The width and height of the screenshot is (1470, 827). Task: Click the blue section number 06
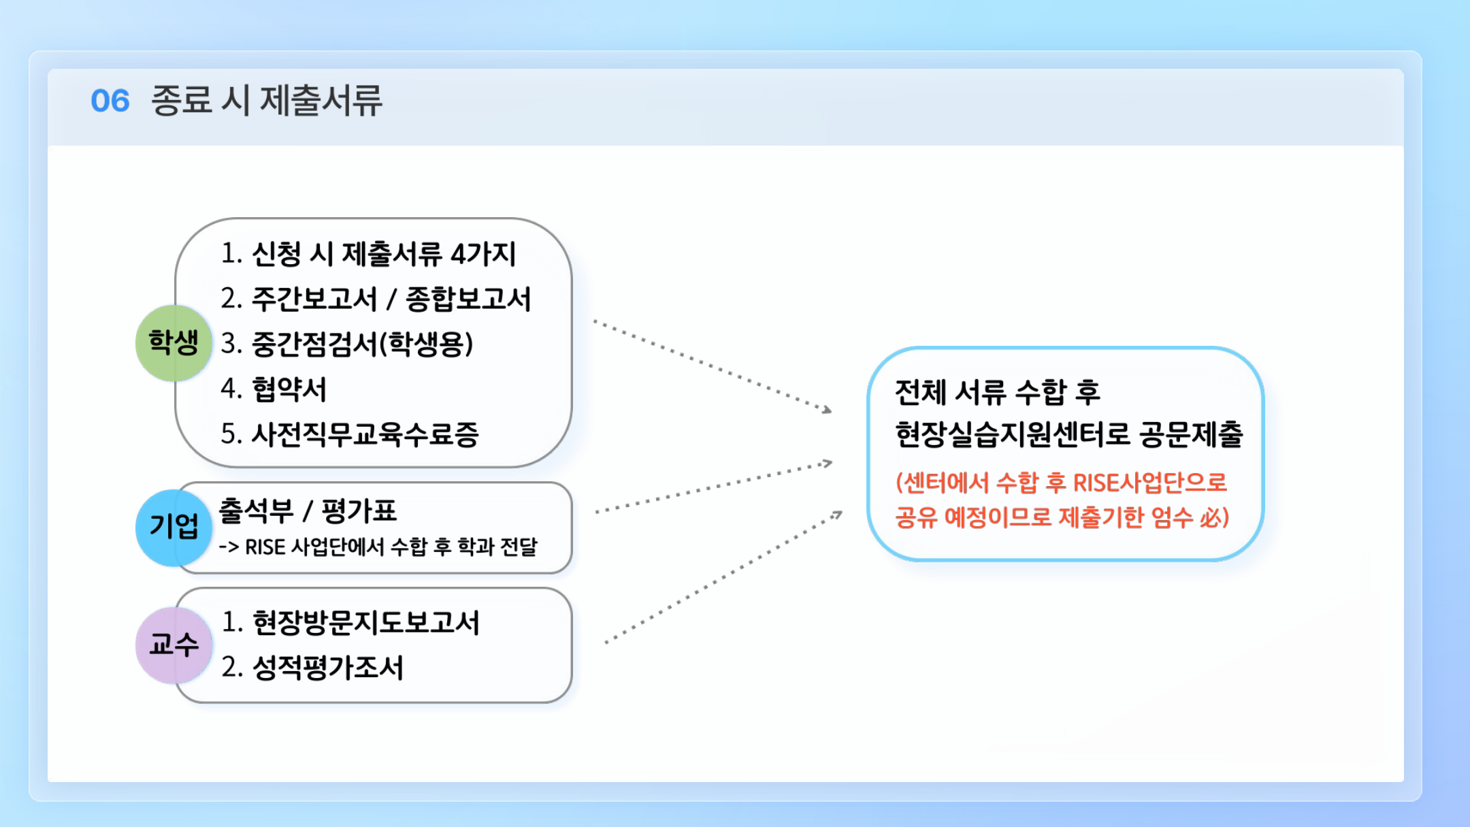coord(110,101)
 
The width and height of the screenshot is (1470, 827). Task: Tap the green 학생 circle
coord(174,342)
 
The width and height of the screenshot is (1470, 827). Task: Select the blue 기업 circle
coord(174,528)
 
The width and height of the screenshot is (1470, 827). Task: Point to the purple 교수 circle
coord(174,645)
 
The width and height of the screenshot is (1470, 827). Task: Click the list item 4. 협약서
coord(274,389)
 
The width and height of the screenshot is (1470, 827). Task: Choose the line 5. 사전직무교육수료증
coord(350,434)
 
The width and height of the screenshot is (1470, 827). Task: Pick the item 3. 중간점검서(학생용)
coord(346,344)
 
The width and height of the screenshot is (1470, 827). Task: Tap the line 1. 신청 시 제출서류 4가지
coord(368,254)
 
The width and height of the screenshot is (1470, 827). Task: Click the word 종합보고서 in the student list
coord(468,299)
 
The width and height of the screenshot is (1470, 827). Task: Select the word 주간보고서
coord(314,299)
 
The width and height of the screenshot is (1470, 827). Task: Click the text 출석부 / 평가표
coord(308,510)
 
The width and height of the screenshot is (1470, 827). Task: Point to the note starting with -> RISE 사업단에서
coord(378,547)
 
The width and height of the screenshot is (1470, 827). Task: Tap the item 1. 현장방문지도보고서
coord(351,622)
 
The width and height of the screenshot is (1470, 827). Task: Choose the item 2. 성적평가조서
coord(312,667)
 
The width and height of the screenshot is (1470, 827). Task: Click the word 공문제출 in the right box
coord(1191,434)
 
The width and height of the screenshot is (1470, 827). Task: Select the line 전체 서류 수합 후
coord(998,391)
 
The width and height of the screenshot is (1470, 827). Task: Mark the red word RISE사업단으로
coord(1150,483)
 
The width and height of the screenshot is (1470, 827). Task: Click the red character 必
coord(1211,518)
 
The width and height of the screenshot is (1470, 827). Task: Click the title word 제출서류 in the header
coord(321,101)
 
